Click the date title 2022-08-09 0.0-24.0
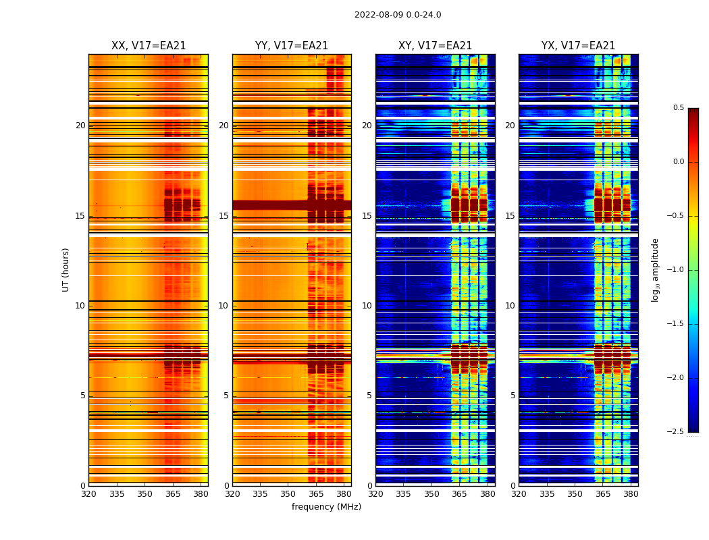(398, 15)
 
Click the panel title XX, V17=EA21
(149, 46)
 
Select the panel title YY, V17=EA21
(292, 46)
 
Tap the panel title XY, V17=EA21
(435, 46)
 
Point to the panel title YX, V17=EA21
(578, 46)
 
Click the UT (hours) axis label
(66, 269)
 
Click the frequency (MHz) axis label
(326, 507)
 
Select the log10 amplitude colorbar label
(655, 269)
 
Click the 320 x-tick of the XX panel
(88, 493)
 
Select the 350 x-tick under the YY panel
(288, 493)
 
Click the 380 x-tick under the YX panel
(631, 493)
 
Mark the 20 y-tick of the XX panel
(80, 126)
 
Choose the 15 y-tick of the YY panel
(224, 216)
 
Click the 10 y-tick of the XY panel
(367, 306)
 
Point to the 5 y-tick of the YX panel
(513, 396)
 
